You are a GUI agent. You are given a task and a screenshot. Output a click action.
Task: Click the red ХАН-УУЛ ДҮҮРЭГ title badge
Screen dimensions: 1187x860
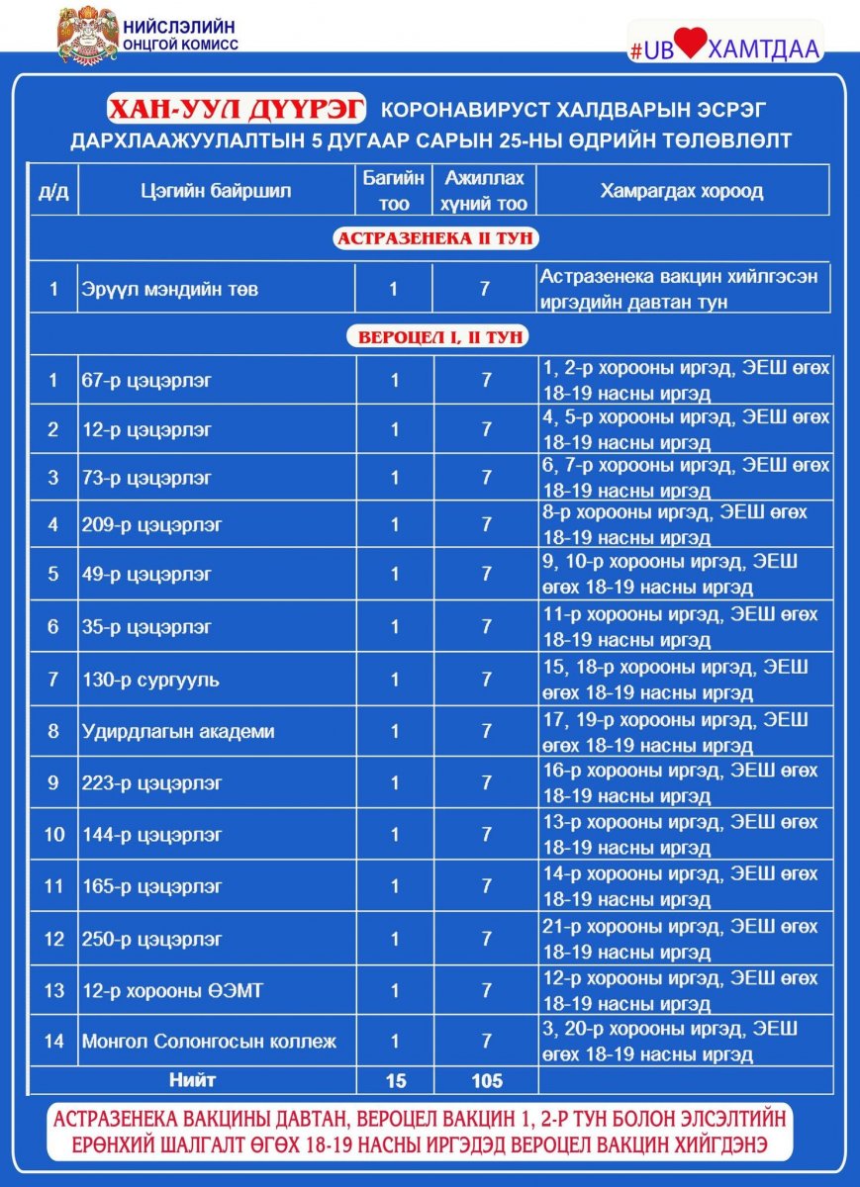tap(237, 108)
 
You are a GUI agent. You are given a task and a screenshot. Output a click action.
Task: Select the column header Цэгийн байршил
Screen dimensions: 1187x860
tap(216, 191)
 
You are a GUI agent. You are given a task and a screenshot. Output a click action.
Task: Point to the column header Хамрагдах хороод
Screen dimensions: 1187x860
tap(682, 191)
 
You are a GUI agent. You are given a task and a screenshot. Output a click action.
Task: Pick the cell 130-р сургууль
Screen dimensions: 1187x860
tap(150, 681)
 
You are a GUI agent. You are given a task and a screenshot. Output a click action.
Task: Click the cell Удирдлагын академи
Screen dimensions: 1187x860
tap(178, 732)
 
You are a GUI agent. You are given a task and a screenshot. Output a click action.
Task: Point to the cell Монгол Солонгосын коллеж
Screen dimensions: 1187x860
tap(209, 1042)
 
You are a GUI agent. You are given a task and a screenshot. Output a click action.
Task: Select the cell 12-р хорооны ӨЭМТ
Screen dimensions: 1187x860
tap(172, 990)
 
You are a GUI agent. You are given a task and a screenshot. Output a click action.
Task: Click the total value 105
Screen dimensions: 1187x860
tap(486, 1081)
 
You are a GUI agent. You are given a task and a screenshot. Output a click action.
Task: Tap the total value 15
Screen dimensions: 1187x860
tap(393, 1081)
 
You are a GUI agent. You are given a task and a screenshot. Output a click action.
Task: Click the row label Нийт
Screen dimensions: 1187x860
tap(192, 1080)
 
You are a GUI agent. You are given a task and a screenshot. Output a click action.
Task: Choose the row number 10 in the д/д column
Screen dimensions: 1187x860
tap(53, 835)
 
